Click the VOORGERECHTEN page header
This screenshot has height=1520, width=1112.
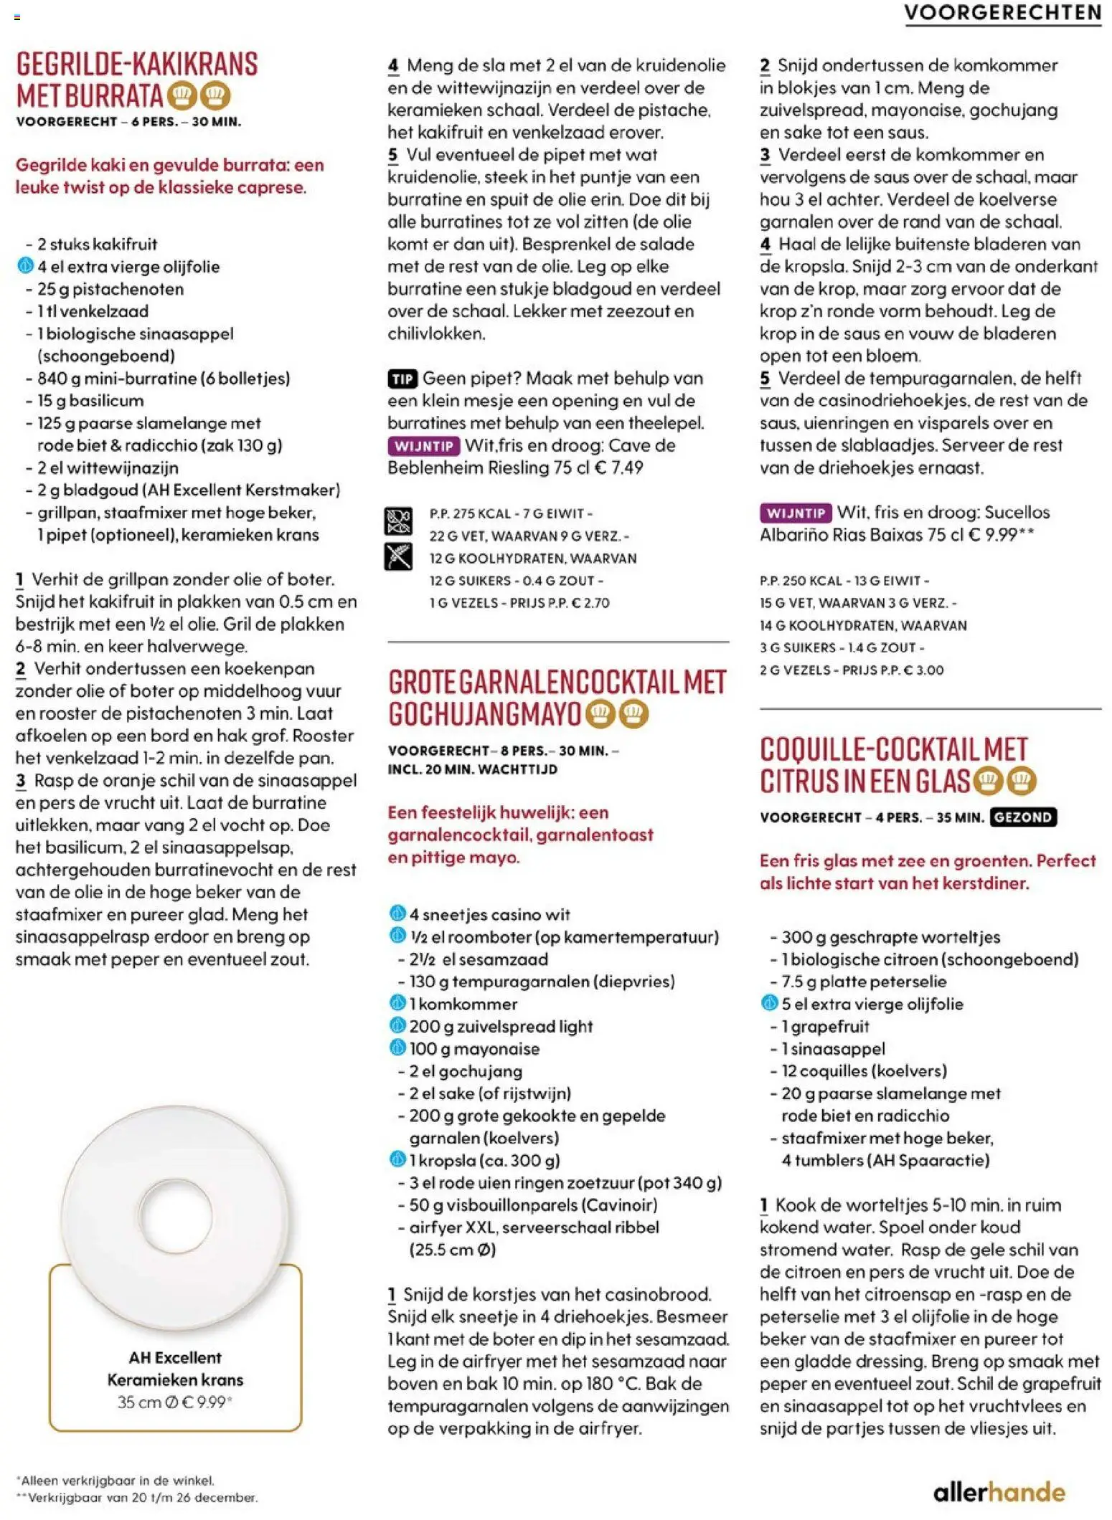1002,13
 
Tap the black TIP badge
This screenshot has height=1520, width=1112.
402,379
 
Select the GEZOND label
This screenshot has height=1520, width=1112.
1022,817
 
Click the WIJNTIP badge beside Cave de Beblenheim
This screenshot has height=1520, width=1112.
424,447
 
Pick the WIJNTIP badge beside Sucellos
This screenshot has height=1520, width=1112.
796,513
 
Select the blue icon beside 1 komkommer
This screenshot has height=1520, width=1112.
397,1003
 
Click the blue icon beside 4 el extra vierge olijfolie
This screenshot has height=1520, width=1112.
25,266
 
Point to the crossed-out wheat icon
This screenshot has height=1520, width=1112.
398,557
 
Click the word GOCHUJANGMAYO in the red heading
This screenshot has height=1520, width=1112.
484,715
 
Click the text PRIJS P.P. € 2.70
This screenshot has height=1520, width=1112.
560,603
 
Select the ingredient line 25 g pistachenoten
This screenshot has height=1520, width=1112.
110,289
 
